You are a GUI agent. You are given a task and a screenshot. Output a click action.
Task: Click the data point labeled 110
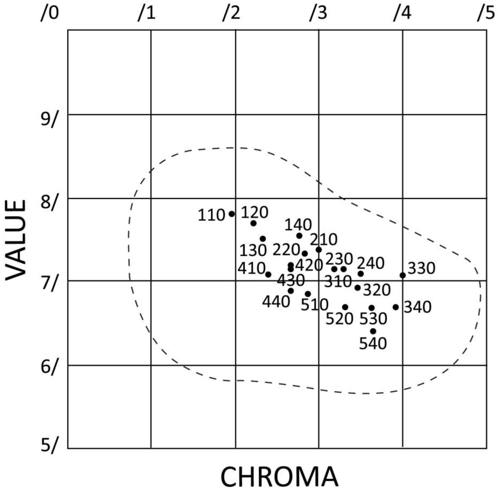coord(232,214)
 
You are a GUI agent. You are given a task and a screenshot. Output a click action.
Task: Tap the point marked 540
coord(373,331)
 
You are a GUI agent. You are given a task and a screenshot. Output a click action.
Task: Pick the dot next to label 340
coord(395,307)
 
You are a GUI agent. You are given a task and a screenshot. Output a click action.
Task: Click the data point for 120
coord(254,223)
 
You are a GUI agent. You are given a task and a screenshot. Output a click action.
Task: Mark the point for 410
coord(268,274)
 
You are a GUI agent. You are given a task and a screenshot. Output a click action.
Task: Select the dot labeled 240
coord(361,274)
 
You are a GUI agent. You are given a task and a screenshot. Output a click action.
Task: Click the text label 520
coord(339,319)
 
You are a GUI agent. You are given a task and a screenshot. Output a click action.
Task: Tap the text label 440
coord(276,302)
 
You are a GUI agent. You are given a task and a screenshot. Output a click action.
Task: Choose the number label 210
coord(324,240)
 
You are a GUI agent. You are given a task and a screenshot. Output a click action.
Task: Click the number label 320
coord(377,290)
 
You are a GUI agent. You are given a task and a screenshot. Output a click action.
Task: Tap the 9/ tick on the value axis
coord(48,120)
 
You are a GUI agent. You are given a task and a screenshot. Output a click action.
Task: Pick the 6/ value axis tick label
coord(48,367)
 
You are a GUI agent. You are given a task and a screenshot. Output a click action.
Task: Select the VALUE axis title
coord(16,240)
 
